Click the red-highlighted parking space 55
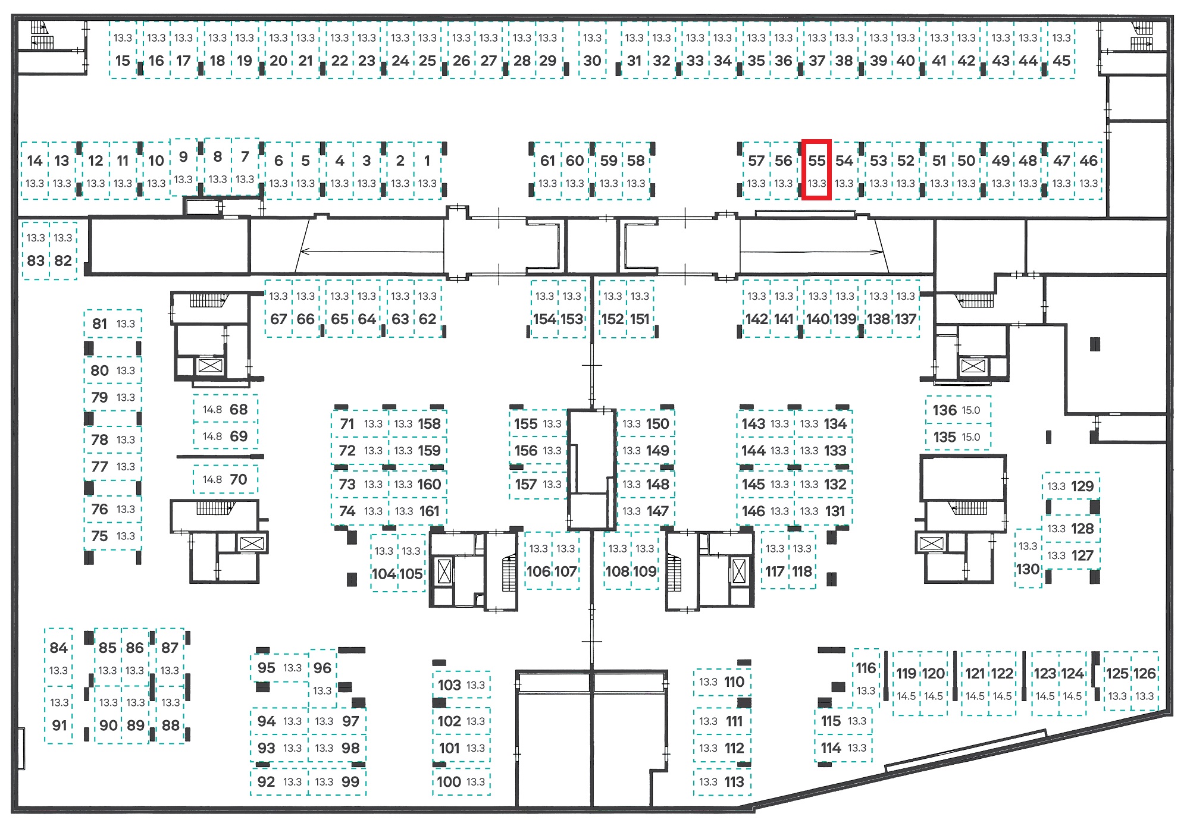[816, 170]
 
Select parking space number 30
[592, 50]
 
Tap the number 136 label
[944, 410]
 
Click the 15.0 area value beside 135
[970, 437]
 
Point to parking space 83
[36, 250]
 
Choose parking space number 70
[226, 479]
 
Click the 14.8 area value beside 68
[212, 409]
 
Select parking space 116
[866, 679]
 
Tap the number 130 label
[1028, 569]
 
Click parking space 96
[322, 679]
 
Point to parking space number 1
[427, 170]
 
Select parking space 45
[1061, 50]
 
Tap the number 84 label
[58, 648]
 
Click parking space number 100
[462, 781]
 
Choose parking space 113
[722, 781]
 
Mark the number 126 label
[1144, 673]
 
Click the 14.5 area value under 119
[906, 696]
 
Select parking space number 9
[184, 167]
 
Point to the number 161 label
[429, 511]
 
